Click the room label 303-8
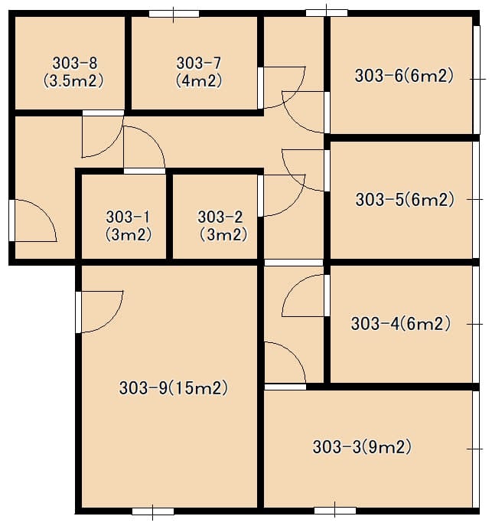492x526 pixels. click(x=75, y=63)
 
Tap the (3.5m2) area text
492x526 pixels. click(x=73, y=81)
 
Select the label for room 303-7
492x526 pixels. click(x=199, y=63)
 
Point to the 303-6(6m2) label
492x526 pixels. click(x=405, y=76)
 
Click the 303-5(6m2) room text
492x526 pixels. click(x=406, y=200)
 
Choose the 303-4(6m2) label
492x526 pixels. click(x=401, y=324)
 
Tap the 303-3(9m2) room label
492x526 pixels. click(x=362, y=447)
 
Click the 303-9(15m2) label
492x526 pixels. click(x=174, y=388)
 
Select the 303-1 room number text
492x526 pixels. click(x=128, y=217)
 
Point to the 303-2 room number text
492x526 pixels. click(x=220, y=217)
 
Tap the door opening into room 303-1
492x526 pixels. click(x=145, y=148)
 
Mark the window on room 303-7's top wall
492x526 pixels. click(x=174, y=14)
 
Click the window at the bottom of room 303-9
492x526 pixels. click(x=153, y=511)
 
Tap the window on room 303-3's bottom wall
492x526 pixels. click(x=335, y=511)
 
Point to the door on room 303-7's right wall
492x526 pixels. click(x=282, y=88)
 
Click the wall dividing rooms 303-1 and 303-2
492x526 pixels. click(x=170, y=217)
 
